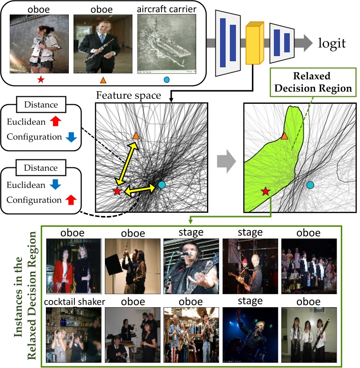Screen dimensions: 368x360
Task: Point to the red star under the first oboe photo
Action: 41,80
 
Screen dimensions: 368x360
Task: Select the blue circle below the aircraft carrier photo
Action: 167,80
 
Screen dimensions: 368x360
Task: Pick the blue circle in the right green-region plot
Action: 309,185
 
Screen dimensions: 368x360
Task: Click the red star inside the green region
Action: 265,191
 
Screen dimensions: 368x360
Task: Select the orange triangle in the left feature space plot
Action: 136,136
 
